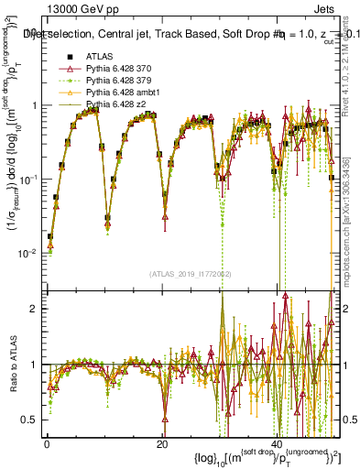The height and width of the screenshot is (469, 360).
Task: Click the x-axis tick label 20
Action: (x=162, y=443)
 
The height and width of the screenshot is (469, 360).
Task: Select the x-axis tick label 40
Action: (x=278, y=443)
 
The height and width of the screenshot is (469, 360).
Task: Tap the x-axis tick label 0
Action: (x=46, y=443)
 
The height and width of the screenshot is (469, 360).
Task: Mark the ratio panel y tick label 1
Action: (x=33, y=365)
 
